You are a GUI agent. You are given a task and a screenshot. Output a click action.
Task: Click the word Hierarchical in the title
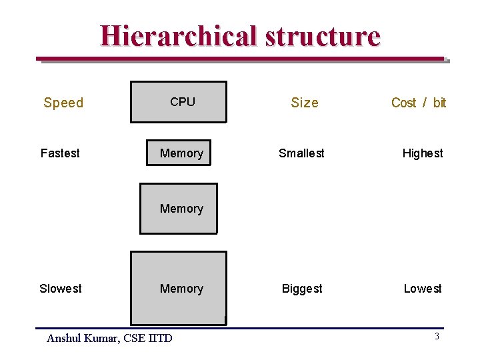[178, 36]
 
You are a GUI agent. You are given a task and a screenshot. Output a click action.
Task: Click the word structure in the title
[323, 36]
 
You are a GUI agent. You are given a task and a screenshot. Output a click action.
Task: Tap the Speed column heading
[63, 103]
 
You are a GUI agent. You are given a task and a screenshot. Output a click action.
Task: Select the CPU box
[178, 102]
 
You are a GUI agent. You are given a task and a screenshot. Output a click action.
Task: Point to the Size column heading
[305, 103]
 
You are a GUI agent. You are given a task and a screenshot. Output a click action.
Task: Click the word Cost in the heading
[403, 103]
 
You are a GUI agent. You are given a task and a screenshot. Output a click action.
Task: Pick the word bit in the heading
[439, 103]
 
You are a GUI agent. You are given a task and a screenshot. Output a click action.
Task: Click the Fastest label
[60, 153]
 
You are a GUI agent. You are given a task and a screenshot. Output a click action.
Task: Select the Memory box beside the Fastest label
[178, 153]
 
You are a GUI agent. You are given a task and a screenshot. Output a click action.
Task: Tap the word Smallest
[301, 153]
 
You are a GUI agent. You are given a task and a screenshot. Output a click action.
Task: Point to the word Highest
[423, 153]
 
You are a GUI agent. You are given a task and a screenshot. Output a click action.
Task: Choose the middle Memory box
[178, 209]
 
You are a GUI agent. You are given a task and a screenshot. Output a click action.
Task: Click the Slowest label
[61, 289]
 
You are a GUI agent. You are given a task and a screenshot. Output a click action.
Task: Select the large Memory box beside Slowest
[178, 288]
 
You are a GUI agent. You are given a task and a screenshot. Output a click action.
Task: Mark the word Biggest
[302, 289]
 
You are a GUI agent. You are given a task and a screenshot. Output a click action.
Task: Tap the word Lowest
[423, 289]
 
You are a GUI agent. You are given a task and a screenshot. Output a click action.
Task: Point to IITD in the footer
[160, 339]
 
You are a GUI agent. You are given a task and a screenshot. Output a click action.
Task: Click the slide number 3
[437, 337]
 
